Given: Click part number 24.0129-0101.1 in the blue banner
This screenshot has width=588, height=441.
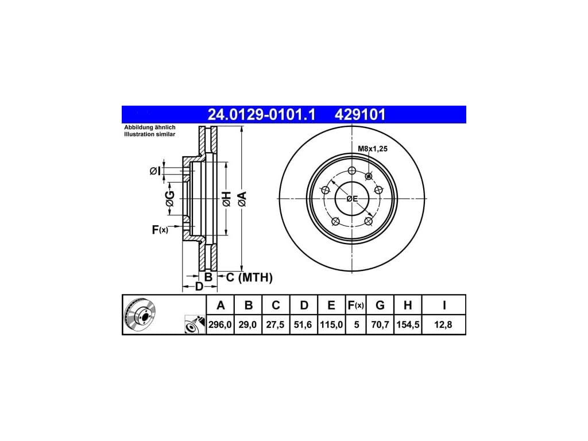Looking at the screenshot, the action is tap(261, 114).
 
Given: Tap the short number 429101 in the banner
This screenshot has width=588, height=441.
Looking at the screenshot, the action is tap(360, 114).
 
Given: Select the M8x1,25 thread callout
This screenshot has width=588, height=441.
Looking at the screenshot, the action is tap(372, 149).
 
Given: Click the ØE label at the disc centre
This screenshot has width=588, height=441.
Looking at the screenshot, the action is tap(352, 199).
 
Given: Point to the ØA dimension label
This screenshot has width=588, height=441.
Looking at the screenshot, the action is tap(242, 199).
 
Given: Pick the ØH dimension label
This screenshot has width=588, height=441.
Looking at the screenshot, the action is tap(226, 199).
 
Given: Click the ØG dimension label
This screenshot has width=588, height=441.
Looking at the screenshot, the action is tap(170, 199).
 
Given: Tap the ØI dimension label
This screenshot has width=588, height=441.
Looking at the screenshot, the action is tap(155, 171).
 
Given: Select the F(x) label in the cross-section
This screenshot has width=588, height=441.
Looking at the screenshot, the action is tap(160, 230).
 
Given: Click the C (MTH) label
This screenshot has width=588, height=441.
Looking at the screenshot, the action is tap(249, 277).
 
